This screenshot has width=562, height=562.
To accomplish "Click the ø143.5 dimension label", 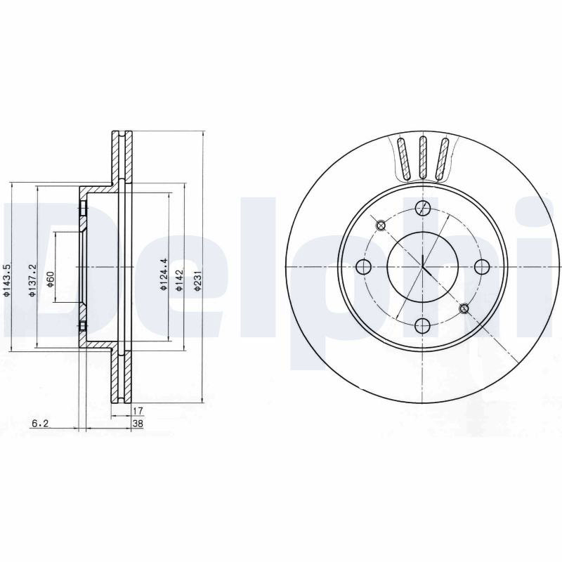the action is tap(6, 280).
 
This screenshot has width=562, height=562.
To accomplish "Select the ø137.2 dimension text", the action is tap(32, 280).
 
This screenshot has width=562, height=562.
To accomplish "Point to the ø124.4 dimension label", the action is tap(164, 274).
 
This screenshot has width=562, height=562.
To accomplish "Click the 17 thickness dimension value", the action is tap(138, 411).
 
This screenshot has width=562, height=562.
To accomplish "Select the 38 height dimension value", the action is tap(138, 424).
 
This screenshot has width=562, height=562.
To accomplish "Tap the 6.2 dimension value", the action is tap(40, 424).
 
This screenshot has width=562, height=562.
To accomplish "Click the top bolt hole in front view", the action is tap(423, 207).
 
